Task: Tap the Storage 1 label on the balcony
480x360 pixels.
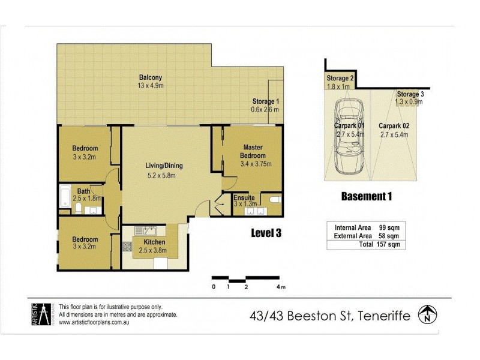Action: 265,101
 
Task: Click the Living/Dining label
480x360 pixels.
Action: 163,166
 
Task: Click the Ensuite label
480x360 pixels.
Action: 244,197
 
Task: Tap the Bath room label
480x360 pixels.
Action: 83,192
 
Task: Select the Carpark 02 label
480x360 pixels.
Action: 394,126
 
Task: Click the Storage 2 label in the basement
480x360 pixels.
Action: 340,79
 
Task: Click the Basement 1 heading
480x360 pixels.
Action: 366,196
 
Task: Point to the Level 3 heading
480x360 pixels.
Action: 267,234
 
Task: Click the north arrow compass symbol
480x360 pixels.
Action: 427,313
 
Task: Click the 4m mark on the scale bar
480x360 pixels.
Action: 280,287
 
